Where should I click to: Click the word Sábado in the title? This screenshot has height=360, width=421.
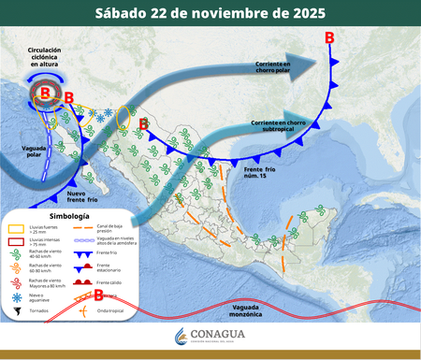pos(128,13)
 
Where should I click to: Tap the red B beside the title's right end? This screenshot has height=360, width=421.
pos(330,38)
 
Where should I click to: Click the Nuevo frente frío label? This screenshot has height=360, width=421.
pos(82,194)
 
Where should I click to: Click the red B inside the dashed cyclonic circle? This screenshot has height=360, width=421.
pos(44,94)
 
